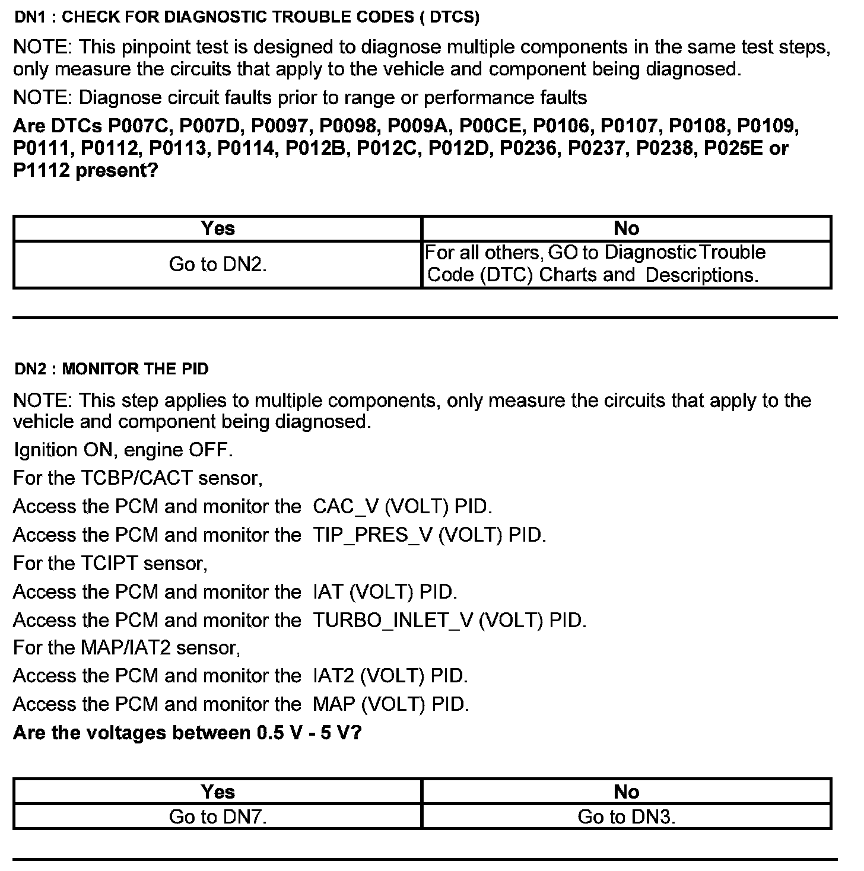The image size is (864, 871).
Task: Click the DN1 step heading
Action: (246, 17)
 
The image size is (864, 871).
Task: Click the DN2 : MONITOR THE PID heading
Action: (112, 369)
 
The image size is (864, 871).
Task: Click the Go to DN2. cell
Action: (217, 264)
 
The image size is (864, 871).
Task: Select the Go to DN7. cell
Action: (217, 817)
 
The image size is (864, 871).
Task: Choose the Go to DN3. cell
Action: (627, 817)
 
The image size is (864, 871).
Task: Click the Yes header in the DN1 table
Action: (217, 228)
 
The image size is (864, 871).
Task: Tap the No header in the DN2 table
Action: (627, 791)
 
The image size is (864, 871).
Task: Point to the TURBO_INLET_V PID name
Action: (392, 621)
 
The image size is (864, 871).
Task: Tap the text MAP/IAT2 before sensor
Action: (125, 648)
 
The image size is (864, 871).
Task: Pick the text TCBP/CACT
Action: (136, 478)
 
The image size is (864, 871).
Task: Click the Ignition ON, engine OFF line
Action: (123, 450)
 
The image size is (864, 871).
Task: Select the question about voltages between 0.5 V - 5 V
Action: (187, 733)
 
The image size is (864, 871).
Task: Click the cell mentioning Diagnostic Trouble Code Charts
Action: (593, 264)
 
